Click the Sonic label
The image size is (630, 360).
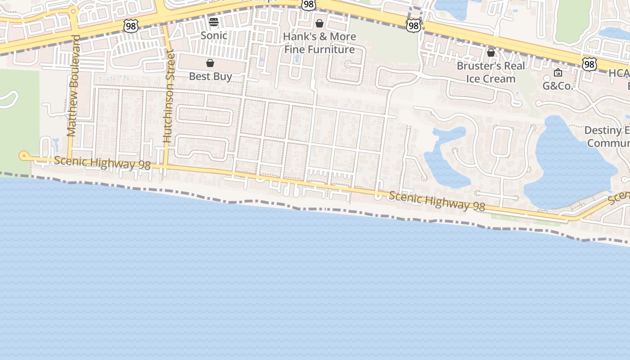click(x=214, y=35)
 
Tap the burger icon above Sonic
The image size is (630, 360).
click(x=214, y=22)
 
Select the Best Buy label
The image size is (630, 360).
click(x=210, y=76)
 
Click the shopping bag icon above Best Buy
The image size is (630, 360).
click(x=210, y=63)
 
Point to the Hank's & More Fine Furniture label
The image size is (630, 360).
click(x=319, y=43)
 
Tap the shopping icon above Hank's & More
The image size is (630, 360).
click(x=319, y=23)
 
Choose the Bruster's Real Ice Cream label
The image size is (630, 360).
click(x=490, y=72)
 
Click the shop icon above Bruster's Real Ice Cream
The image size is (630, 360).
click(x=491, y=53)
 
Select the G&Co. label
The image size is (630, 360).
click(x=558, y=85)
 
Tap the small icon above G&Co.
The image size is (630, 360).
click(x=558, y=72)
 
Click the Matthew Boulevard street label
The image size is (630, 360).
click(x=72, y=85)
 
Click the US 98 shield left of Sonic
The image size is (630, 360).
click(x=130, y=26)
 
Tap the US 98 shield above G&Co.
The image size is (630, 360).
click(x=589, y=64)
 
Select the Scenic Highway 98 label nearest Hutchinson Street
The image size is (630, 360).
click(x=102, y=162)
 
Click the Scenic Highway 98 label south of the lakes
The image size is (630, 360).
click(x=436, y=201)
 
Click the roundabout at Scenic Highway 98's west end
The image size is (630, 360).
click(x=23, y=156)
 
